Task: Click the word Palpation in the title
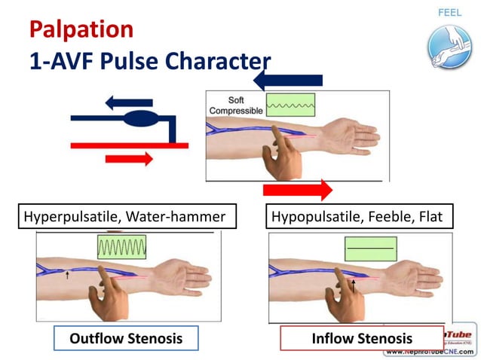81,30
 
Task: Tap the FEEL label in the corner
449,13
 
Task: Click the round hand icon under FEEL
449,46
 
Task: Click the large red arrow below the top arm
298,189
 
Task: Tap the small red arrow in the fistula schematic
129,158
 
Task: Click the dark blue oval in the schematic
137,119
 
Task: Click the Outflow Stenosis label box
126,338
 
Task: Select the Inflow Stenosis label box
362,338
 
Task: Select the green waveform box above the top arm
290,105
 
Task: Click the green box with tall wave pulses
121,247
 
